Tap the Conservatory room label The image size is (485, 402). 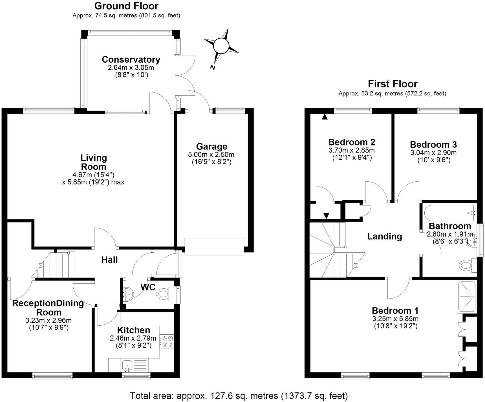pos(131,59)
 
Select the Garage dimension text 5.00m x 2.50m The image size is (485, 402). pos(211,154)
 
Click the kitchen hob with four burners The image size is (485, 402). pos(167,341)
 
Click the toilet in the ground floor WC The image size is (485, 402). pos(163,294)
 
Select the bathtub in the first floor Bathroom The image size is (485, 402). pos(448,213)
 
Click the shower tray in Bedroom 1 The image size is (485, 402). pos(466,297)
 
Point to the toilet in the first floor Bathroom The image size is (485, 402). pos(466,265)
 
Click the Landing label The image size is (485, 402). pos(384,236)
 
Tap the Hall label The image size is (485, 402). pos(109,260)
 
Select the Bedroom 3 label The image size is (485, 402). pos(433,145)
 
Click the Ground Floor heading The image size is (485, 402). pos(126,6)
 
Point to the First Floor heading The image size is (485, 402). pos(393,84)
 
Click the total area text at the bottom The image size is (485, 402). pos(239,396)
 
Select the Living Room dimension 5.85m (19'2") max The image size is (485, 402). pos(93,182)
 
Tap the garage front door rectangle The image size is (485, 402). pos(214,246)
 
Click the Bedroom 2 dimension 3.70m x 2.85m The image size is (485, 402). pos(351,150)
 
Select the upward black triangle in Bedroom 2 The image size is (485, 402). pos(325,116)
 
